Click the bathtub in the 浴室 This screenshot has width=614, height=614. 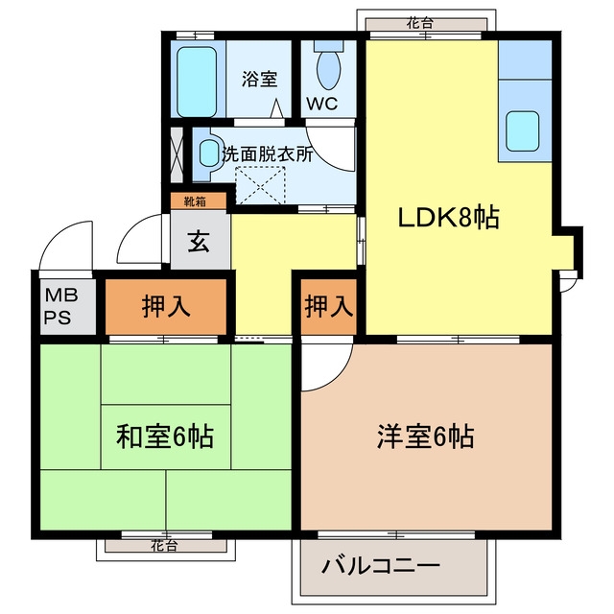pyautogui.click(x=196, y=83)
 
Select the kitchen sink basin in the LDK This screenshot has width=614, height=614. pyautogui.click(x=522, y=130)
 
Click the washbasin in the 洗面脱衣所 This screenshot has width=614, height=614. pyautogui.click(x=209, y=153)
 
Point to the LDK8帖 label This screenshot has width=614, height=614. pyautogui.click(x=449, y=218)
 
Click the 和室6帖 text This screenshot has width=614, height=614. pyautogui.click(x=165, y=437)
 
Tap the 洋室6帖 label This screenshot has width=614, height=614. pyautogui.click(x=426, y=437)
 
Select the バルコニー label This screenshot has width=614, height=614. pyautogui.click(x=381, y=566)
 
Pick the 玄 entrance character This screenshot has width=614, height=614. pyautogui.click(x=199, y=242)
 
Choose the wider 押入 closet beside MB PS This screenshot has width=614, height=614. pyautogui.click(x=166, y=307)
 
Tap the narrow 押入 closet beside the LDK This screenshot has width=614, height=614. pyautogui.click(x=328, y=307)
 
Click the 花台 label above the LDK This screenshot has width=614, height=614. pyautogui.click(x=420, y=23)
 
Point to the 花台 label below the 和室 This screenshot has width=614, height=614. pyautogui.click(x=165, y=546)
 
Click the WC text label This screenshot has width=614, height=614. pyautogui.click(x=322, y=104)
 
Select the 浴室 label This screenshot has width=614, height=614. pyautogui.click(x=259, y=79)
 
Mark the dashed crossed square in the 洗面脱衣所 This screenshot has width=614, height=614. pyautogui.click(x=260, y=185)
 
